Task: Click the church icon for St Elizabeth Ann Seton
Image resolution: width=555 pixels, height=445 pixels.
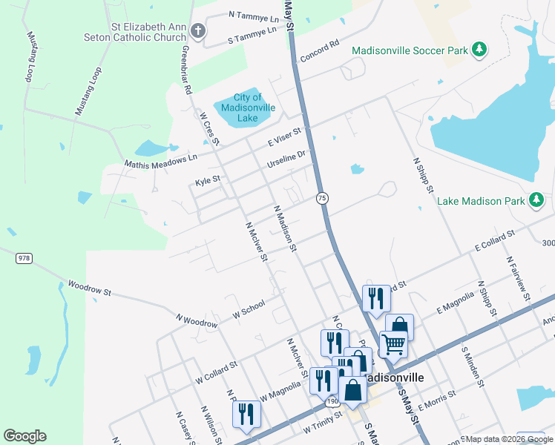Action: point(197,31)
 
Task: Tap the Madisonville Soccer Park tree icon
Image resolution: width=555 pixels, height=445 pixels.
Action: point(479,50)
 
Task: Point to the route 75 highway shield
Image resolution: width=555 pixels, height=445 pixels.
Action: point(322,198)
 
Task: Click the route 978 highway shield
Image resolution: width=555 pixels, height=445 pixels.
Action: point(24,257)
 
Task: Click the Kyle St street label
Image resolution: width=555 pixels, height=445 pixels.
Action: point(208,180)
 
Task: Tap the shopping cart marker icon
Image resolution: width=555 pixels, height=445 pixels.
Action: point(393,343)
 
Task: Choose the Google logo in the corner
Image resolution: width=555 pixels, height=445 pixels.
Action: point(24,436)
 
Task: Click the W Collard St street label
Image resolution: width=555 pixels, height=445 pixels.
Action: point(216,371)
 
